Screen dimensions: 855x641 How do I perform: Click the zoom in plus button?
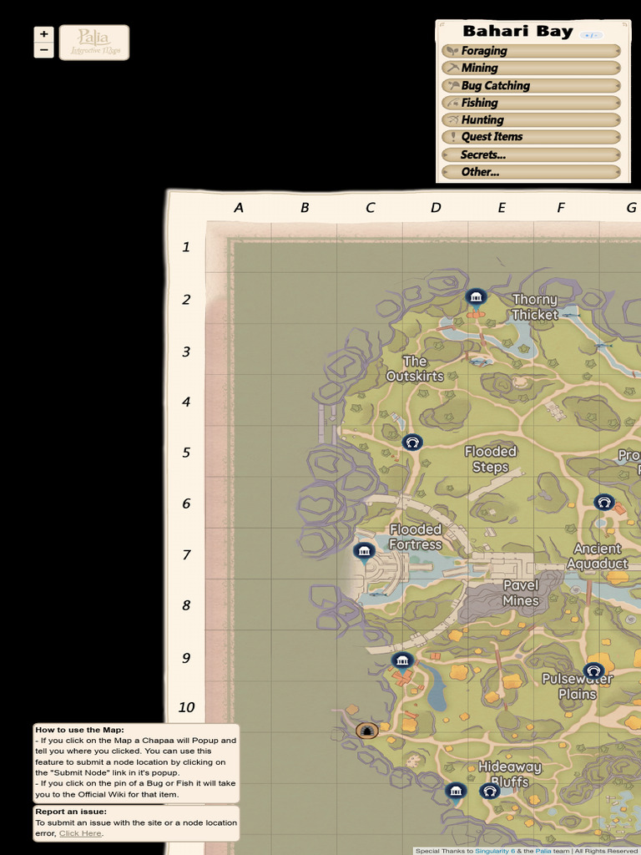43,34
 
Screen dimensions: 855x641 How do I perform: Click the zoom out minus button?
43,50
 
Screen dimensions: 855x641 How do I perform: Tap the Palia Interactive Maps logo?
94,42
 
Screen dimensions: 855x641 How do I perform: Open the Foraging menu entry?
530,51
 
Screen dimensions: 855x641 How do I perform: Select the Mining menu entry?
530,68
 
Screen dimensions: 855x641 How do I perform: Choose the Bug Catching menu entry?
530,85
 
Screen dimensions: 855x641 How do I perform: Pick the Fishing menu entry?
530,103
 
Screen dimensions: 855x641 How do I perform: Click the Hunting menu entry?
530,119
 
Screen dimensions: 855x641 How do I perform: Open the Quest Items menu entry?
530,137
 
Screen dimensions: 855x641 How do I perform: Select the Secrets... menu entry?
530,154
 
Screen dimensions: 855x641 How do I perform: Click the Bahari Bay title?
517,32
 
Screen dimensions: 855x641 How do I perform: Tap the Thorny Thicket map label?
535,307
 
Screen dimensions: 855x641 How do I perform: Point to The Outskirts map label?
415,368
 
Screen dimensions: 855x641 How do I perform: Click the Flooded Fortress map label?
416,537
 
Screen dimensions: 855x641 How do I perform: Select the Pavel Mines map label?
521,593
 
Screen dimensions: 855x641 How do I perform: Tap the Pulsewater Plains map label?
578,686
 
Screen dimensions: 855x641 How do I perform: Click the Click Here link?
80,833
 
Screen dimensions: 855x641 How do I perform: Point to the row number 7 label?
186,554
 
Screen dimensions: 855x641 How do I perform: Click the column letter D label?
436,208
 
